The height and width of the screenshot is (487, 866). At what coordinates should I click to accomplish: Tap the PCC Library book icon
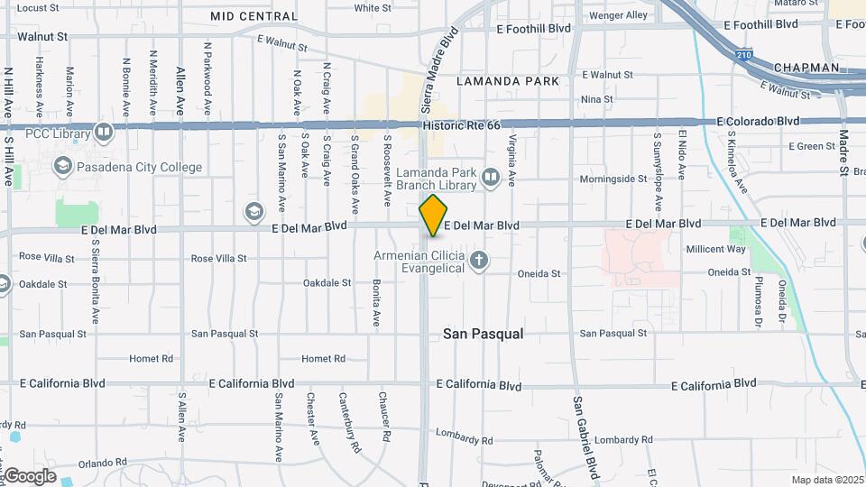coord(104,134)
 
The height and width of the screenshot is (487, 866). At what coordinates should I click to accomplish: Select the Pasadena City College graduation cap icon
coord(62,166)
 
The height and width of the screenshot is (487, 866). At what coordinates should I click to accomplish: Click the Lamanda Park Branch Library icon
coord(491,178)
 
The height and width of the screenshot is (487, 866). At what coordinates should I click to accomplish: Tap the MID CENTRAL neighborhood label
coord(253,16)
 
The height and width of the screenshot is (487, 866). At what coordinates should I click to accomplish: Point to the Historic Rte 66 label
coord(461,124)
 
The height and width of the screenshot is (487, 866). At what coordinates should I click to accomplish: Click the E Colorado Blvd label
coord(758,121)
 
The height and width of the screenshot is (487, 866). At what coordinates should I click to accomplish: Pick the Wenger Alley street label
coord(618,15)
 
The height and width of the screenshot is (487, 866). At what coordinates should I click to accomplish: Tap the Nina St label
coord(596,99)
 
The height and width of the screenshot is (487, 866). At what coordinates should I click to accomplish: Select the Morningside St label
coord(613,179)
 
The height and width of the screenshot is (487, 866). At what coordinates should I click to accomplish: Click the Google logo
coord(30,475)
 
